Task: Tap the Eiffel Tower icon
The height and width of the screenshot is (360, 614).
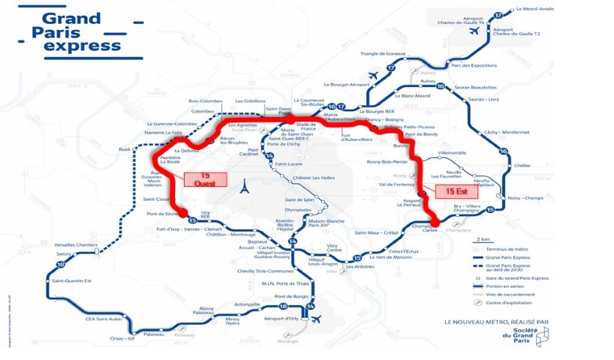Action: [x=243, y=187]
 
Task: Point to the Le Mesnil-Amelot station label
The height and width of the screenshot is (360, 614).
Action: [x=535, y=9]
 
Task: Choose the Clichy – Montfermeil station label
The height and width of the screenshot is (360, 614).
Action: [x=507, y=132]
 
